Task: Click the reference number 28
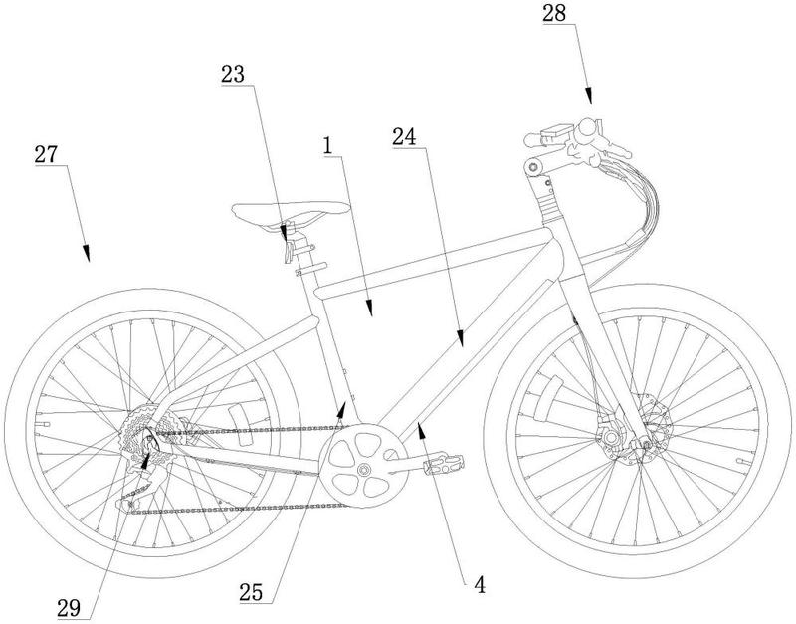click(x=554, y=13)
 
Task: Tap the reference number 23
click(x=233, y=74)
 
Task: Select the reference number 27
click(x=46, y=154)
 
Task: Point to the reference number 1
click(x=328, y=146)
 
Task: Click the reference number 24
click(x=404, y=137)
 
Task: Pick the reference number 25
click(x=252, y=592)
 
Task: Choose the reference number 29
click(x=69, y=607)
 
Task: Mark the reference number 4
click(x=480, y=585)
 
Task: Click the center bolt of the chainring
click(x=362, y=469)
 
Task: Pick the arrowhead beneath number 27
click(x=87, y=253)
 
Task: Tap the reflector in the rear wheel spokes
click(x=240, y=425)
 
